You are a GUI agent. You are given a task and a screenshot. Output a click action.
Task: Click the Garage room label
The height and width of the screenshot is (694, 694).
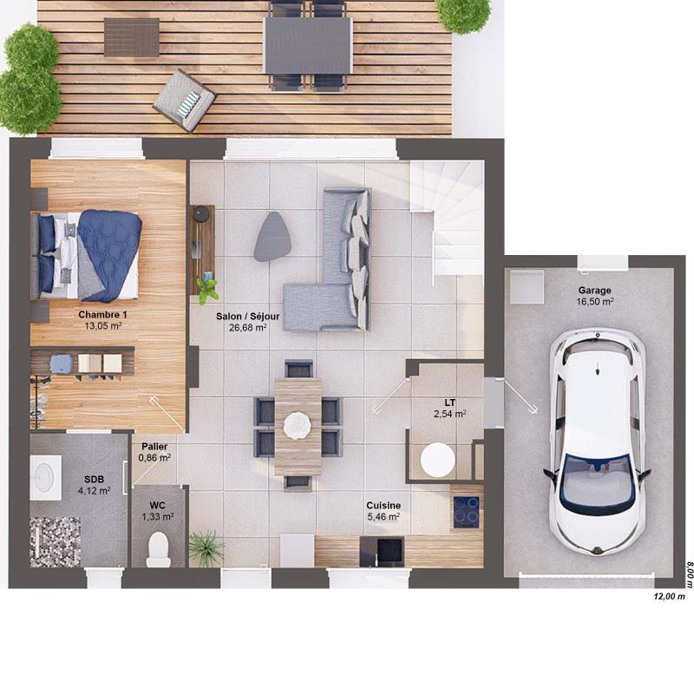click(x=595, y=291)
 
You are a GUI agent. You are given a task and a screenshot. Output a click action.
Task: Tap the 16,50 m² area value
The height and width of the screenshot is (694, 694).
click(x=595, y=303)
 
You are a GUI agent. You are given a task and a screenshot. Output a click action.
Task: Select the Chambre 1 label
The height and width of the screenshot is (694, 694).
click(x=102, y=314)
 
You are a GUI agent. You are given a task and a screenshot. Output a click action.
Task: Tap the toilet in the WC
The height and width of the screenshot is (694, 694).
click(x=158, y=547)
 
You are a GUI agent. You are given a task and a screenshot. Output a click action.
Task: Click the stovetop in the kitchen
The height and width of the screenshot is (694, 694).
click(x=467, y=512)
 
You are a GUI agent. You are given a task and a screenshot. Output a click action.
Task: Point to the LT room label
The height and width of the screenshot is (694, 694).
click(x=450, y=403)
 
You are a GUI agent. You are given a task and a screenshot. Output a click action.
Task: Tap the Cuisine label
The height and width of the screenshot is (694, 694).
click(x=383, y=505)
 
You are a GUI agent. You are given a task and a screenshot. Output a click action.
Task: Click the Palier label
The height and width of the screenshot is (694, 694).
click(x=154, y=446)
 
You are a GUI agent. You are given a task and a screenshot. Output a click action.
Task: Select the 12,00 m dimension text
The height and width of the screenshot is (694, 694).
click(x=669, y=596)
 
